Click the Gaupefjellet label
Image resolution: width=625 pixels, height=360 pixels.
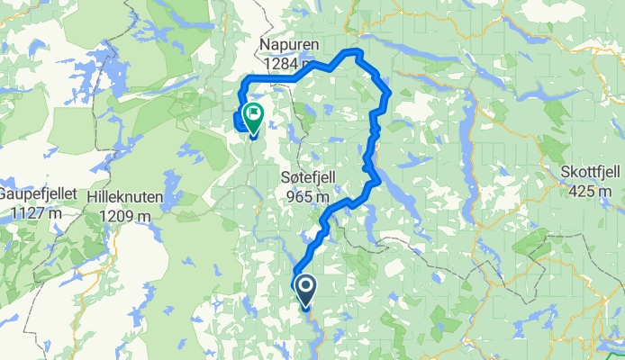point(33,195)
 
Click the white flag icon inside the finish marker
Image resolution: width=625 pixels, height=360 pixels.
point(252,114)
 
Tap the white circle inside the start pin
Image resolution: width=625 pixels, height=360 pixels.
point(305,287)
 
